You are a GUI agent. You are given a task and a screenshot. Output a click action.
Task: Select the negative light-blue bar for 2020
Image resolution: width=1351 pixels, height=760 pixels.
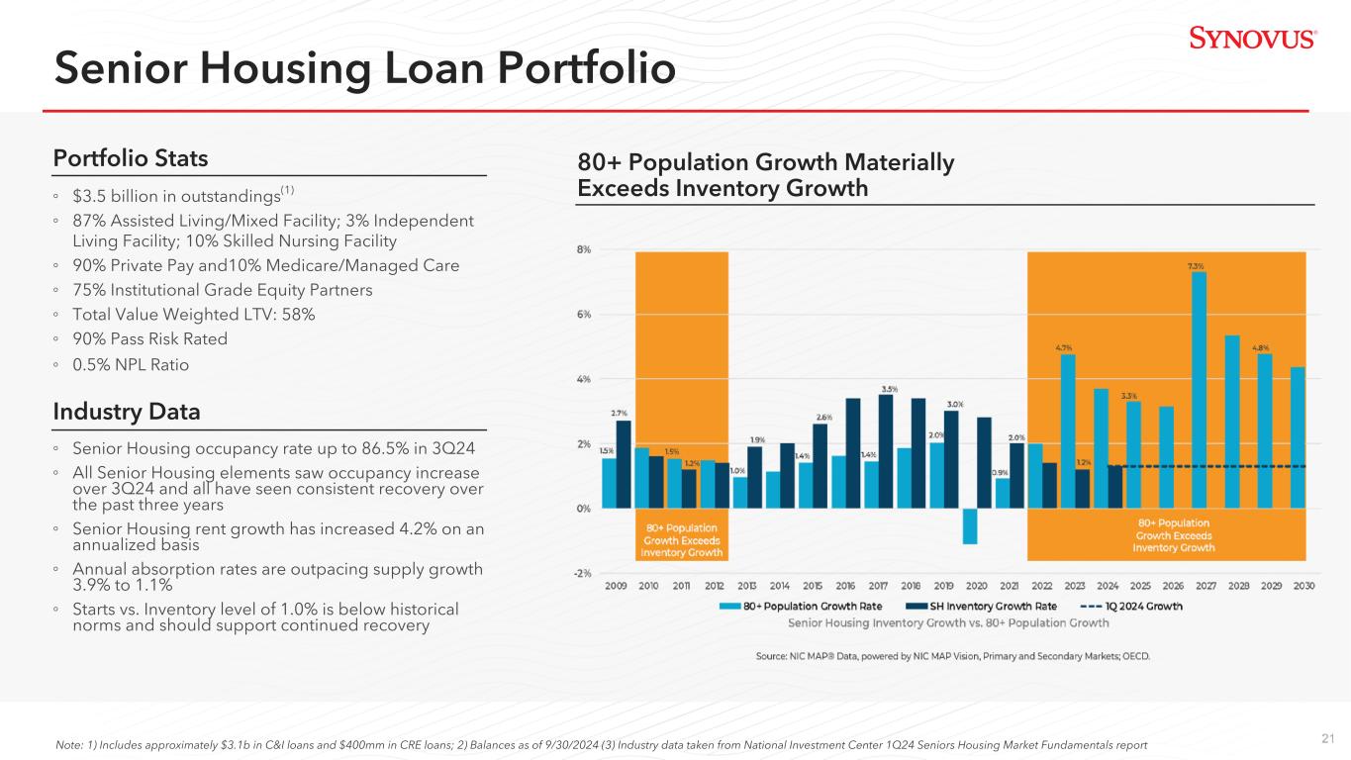[970, 525]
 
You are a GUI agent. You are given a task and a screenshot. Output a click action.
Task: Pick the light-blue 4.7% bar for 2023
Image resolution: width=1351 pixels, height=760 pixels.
[1068, 430]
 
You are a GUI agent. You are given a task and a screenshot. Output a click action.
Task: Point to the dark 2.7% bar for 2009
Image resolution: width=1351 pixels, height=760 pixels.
[624, 464]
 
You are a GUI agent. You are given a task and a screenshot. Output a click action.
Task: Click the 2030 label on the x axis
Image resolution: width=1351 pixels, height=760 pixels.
[1303, 586]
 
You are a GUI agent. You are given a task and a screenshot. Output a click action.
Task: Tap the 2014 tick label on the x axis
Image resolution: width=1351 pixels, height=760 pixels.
[780, 586]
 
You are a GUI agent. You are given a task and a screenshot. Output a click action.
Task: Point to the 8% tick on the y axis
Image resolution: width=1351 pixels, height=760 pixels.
[584, 250]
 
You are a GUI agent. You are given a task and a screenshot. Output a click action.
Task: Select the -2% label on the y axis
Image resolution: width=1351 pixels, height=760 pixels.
[583, 573]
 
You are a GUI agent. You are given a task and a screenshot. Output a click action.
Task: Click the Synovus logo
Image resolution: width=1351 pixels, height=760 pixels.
[1252, 39]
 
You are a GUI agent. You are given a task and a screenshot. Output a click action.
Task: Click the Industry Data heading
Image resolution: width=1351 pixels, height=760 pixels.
[127, 410]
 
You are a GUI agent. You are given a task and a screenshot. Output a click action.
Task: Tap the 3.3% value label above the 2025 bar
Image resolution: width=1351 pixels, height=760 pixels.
[1128, 396]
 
